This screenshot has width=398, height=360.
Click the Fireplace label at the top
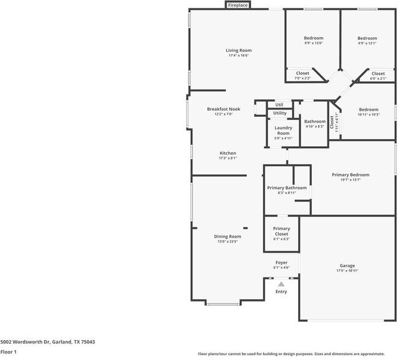pos(238,5)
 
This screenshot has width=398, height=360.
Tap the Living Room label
pos(238,50)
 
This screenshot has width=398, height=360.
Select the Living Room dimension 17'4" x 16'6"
pos(238,55)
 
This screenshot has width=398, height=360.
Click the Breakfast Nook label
pos(223,109)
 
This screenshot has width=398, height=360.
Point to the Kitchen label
pos(228,153)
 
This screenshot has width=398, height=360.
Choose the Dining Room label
pos(228,237)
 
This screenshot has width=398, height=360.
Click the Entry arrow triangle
pos(281,284)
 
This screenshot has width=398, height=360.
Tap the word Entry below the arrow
pos(281,292)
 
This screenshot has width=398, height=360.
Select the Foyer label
pos(281,262)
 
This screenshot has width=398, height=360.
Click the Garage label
pos(347,265)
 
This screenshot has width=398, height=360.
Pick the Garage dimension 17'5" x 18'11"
pos(347,271)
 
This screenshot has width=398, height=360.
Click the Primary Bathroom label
pos(287,188)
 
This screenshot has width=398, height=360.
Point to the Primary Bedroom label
pos(350,175)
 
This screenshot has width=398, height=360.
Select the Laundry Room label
pos(283,130)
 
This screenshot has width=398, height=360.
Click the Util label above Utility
pos(279,105)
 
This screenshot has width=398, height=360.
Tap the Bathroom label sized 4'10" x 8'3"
pos(314,122)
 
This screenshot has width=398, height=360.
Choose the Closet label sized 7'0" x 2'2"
pos(302,73)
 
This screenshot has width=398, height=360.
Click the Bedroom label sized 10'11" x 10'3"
pos(368,110)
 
